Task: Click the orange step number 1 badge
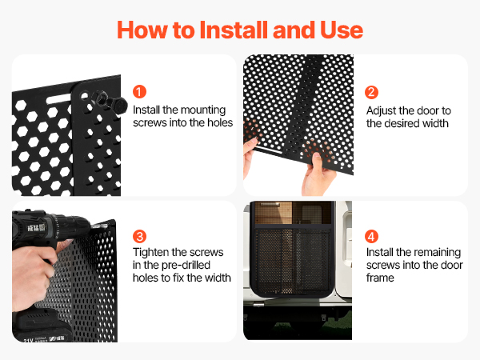click(139, 92)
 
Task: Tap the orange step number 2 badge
click(371, 92)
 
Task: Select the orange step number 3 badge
click(139, 236)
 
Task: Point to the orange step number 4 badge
click(371, 236)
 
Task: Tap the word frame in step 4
click(380, 278)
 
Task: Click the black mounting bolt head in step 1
click(119, 105)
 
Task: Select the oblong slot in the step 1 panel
click(58, 99)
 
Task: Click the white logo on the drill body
click(36, 227)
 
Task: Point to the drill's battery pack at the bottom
click(43, 326)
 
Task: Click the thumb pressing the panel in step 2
click(317, 162)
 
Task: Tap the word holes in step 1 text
click(220, 122)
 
